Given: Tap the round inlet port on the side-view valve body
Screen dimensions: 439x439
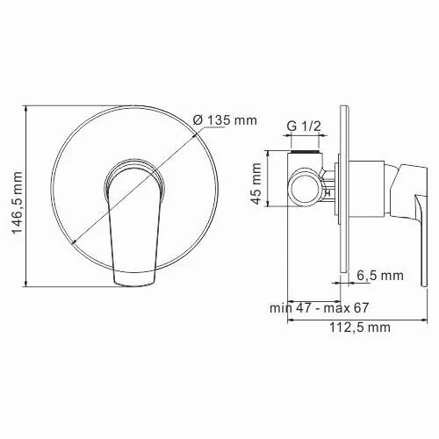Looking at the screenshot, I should (305, 185).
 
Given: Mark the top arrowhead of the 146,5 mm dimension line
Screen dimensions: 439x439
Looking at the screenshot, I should (30, 110).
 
